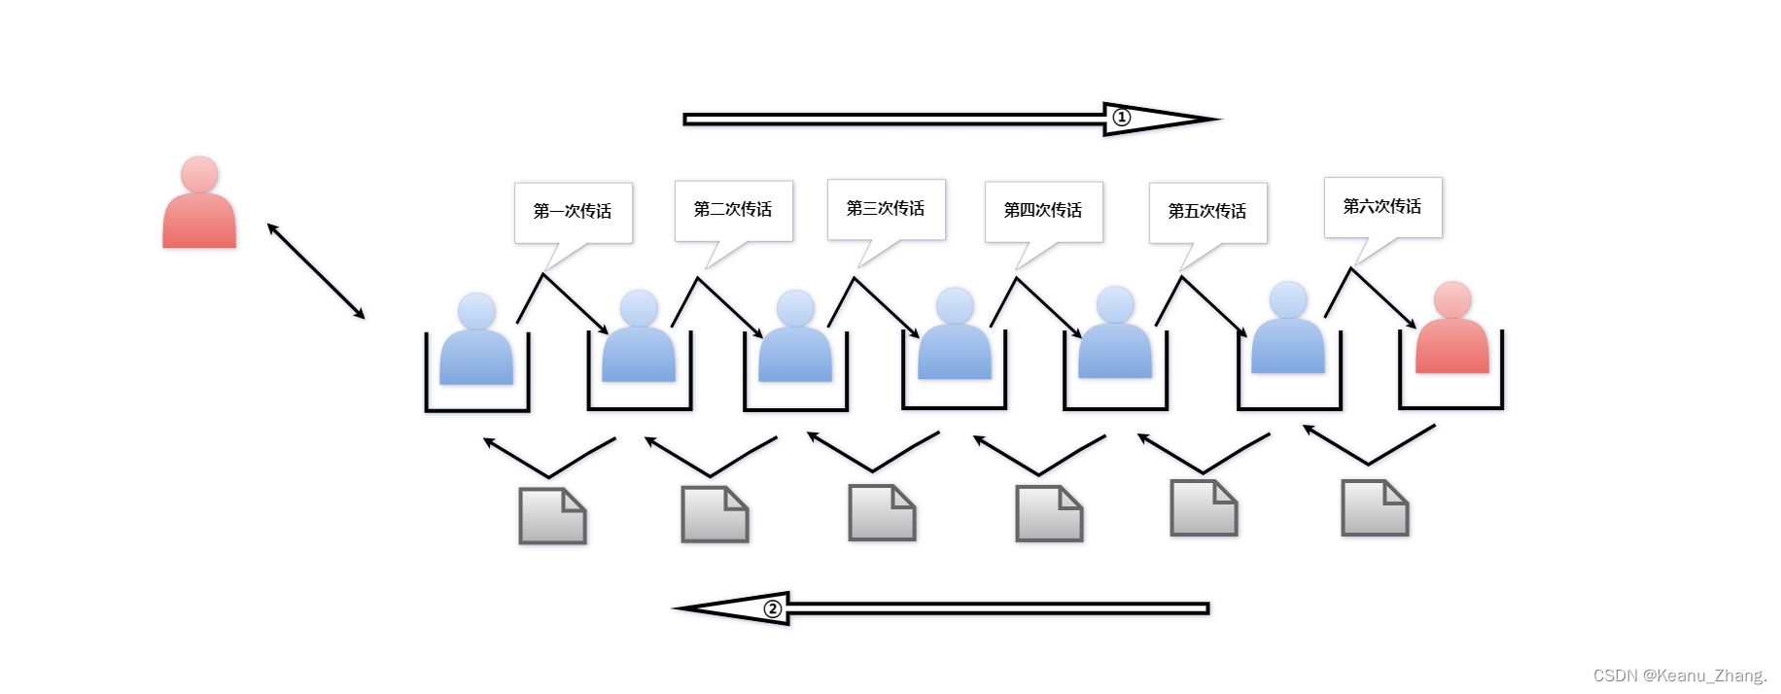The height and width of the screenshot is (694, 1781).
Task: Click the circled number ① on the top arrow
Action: [x=1122, y=118]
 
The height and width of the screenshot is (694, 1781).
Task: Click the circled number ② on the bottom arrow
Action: [x=773, y=609]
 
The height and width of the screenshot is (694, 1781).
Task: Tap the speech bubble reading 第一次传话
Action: [x=573, y=211]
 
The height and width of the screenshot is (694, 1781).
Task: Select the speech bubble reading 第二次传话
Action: [x=733, y=209]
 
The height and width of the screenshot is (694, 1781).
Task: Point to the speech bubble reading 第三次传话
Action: [x=886, y=208]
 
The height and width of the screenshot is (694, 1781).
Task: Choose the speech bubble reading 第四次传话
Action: [x=1043, y=210]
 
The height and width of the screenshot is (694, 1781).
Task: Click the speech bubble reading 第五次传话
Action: [x=1207, y=211]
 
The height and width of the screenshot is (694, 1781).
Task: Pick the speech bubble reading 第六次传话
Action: [x=1382, y=206]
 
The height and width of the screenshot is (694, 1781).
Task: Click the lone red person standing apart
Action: [x=199, y=209]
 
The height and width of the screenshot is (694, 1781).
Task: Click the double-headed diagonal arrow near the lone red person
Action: [x=316, y=271]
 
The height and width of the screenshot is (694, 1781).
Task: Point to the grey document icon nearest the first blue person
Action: [x=552, y=516]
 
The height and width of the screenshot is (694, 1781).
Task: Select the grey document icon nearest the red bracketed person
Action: [x=1375, y=508]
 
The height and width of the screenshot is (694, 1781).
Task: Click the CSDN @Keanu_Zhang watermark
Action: [x=1679, y=676]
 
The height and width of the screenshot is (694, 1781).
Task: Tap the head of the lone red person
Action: [x=199, y=174]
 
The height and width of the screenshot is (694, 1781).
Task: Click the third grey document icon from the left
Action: [x=882, y=513]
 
